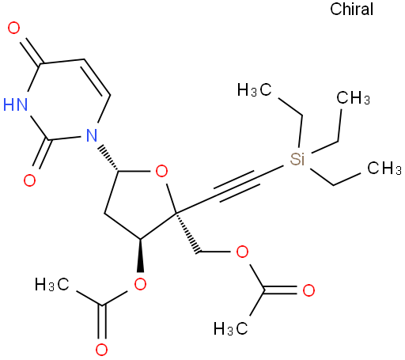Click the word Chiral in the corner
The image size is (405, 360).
point(351,9)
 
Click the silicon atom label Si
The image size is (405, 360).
point(297,159)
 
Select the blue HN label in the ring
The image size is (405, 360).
point(15,104)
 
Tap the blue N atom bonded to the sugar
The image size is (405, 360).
point(92,135)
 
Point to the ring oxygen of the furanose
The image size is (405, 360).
point(161,172)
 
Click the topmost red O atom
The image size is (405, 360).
point(13,28)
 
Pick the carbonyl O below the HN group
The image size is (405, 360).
point(29,180)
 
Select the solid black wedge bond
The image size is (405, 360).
point(140,256)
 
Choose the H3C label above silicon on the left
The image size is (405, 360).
point(254,90)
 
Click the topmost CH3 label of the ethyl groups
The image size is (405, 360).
point(354,98)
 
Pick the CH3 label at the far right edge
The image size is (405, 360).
point(384,168)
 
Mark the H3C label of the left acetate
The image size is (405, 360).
point(52,285)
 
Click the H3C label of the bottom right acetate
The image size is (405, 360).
point(231,328)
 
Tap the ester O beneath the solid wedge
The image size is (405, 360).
point(140,285)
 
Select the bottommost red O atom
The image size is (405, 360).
point(101,350)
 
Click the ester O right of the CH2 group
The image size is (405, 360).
point(242,252)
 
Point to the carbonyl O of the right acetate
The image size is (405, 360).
point(308,290)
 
